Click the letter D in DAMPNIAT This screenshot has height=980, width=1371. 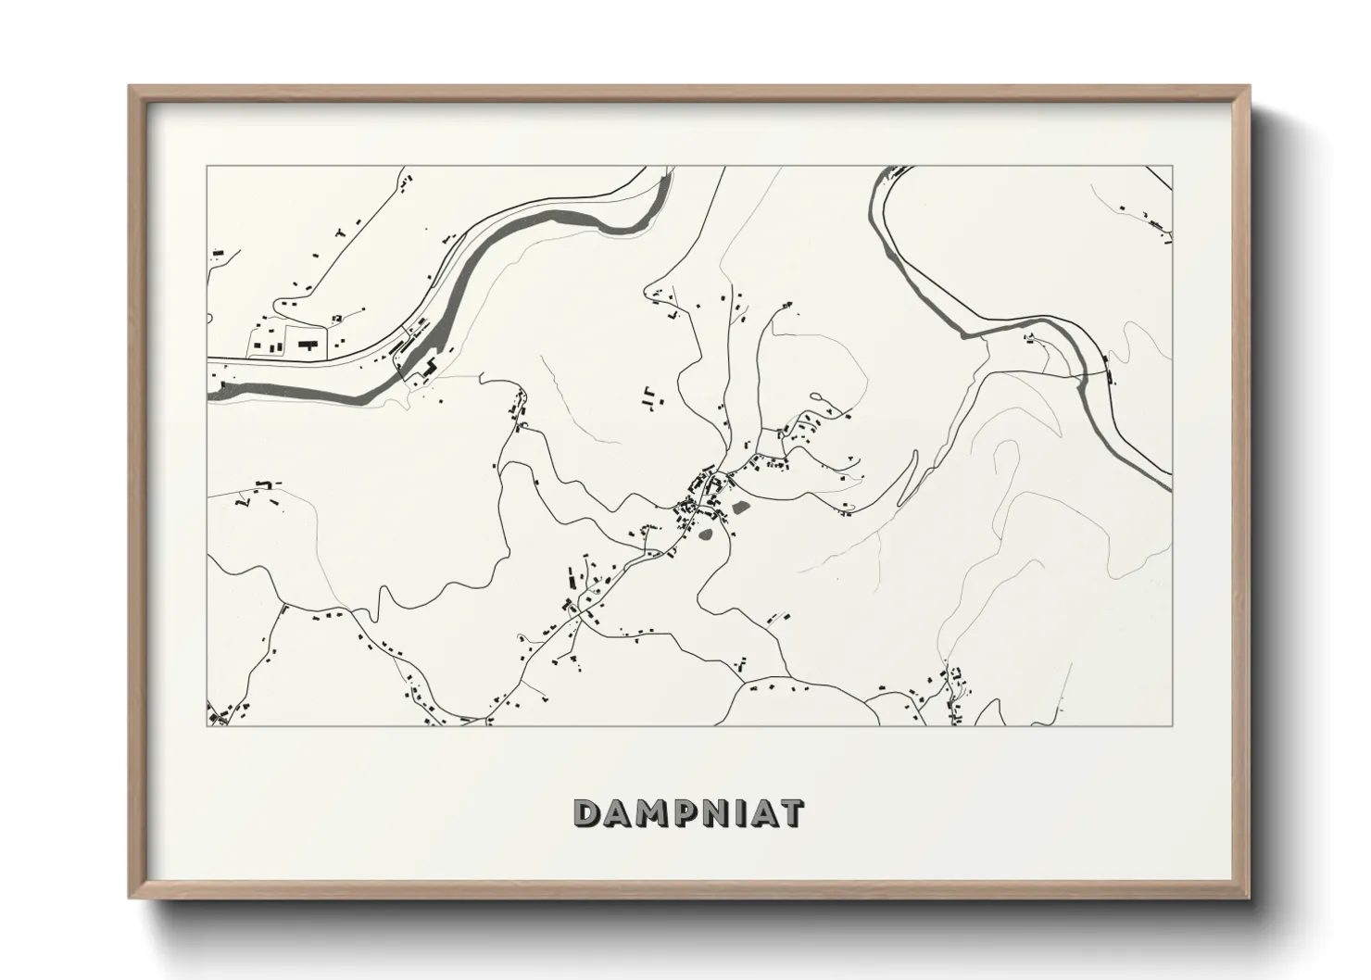pyautogui.click(x=588, y=814)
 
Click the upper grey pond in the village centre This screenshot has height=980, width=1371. pyautogui.click(x=742, y=507)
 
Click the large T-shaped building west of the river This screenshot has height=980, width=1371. pyautogui.click(x=308, y=344)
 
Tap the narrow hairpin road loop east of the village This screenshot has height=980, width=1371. pyautogui.click(x=908, y=472)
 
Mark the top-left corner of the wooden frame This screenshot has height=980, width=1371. pyautogui.click(x=130, y=87)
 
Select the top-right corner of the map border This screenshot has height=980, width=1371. pyautogui.click(x=1173, y=167)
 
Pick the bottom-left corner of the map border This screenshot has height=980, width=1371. pyautogui.click(x=206, y=725)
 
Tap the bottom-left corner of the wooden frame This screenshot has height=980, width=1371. pyautogui.click(x=130, y=898)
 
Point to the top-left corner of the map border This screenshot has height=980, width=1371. pyautogui.click(x=206, y=167)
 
